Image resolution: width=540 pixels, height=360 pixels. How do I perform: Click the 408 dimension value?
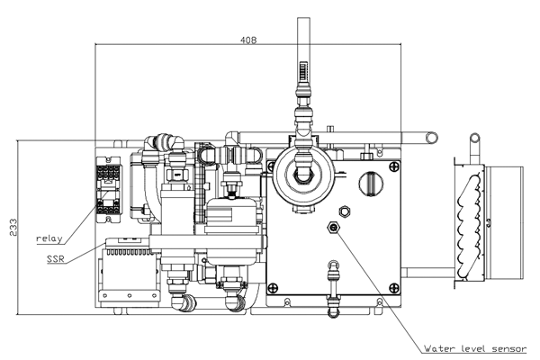click(248, 40)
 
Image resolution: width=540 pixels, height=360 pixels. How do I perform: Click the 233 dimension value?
click(13, 227)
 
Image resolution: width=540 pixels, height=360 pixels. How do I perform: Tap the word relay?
click(49, 238)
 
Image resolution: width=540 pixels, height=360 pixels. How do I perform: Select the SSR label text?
click(56, 258)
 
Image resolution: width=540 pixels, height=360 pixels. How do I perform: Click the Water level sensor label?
click(475, 348)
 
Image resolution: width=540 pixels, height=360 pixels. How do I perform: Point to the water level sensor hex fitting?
click(333, 227)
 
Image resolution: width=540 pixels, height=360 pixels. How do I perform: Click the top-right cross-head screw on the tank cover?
click(394, 166)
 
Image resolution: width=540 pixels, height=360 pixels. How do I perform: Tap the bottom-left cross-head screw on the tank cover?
click(273, 286)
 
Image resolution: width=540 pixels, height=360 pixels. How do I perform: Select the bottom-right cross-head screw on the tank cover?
click(394, 287)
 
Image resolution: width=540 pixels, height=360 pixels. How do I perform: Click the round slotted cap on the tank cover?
click(371, 183)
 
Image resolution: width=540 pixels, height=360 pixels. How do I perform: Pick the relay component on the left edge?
click(108, 190)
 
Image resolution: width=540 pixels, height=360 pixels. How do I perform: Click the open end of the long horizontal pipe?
click(431, 138)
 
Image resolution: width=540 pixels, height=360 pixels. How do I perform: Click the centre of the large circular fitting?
click(303, 175)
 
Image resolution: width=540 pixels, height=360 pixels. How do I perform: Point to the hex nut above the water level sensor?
click(344, 211)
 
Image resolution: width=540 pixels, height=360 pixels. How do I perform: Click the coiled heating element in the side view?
click(468, 224)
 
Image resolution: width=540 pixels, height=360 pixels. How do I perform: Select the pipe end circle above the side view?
click(475, 139)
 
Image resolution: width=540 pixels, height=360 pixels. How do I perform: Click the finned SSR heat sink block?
click(129, 269)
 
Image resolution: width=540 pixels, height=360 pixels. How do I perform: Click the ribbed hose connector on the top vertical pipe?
click(303, 72)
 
